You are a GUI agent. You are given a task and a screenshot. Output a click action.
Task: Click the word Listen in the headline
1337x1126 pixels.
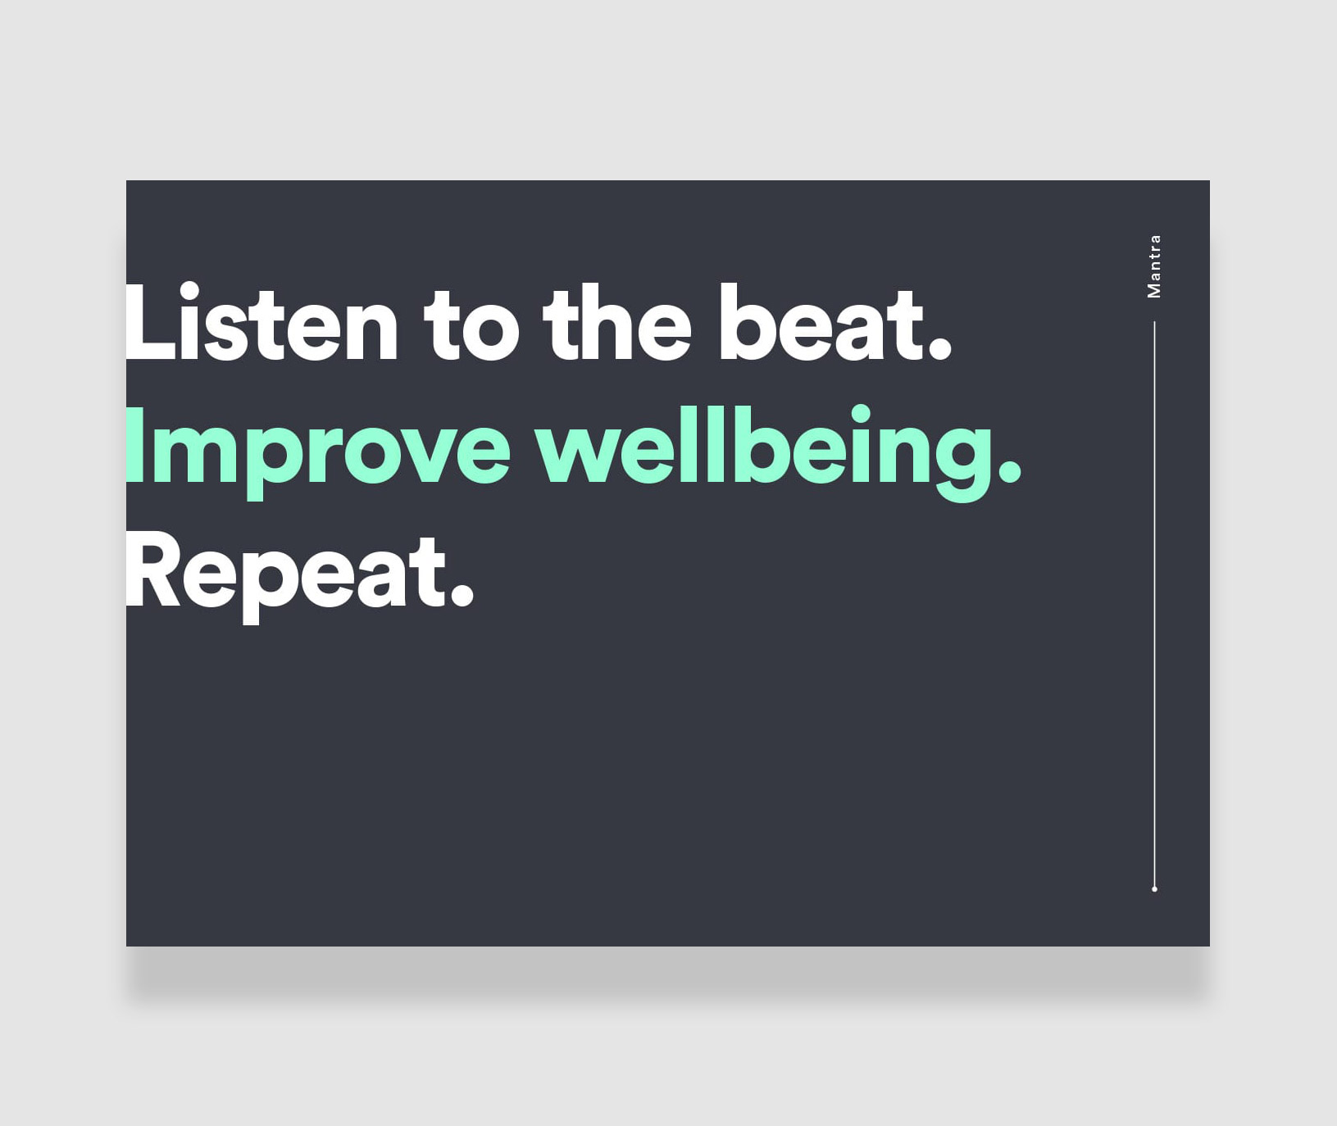(261, 321)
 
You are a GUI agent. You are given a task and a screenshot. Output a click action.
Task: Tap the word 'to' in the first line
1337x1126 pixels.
(471, 325)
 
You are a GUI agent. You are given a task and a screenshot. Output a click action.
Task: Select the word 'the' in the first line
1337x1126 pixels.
(616, 321)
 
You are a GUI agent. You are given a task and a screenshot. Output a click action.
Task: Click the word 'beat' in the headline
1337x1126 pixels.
(820, 321)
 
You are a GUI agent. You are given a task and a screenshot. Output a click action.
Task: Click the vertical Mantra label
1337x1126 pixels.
(1154, 266)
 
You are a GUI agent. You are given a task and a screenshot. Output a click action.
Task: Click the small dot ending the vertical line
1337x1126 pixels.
(1154, 889)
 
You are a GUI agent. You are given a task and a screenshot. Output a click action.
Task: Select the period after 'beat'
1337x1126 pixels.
(939, 349)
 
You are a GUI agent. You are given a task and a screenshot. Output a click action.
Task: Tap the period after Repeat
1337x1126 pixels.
(462, 594)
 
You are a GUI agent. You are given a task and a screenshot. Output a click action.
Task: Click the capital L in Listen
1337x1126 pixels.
(151, 322)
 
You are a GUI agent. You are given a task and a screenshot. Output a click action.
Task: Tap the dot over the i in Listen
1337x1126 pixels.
(189, 293)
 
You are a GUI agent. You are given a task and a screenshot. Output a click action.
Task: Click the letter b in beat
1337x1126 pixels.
(748, 322)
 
